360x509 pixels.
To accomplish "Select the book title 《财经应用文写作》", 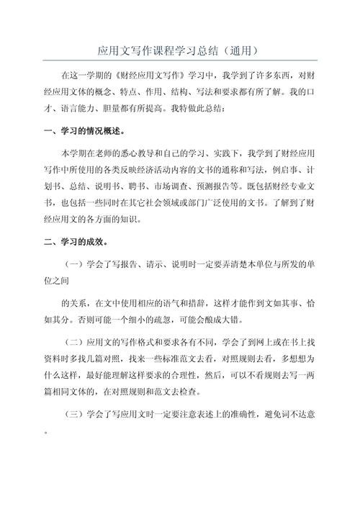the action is click(x=141, y=76).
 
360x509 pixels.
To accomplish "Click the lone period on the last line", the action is click(x=46, y=434).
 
